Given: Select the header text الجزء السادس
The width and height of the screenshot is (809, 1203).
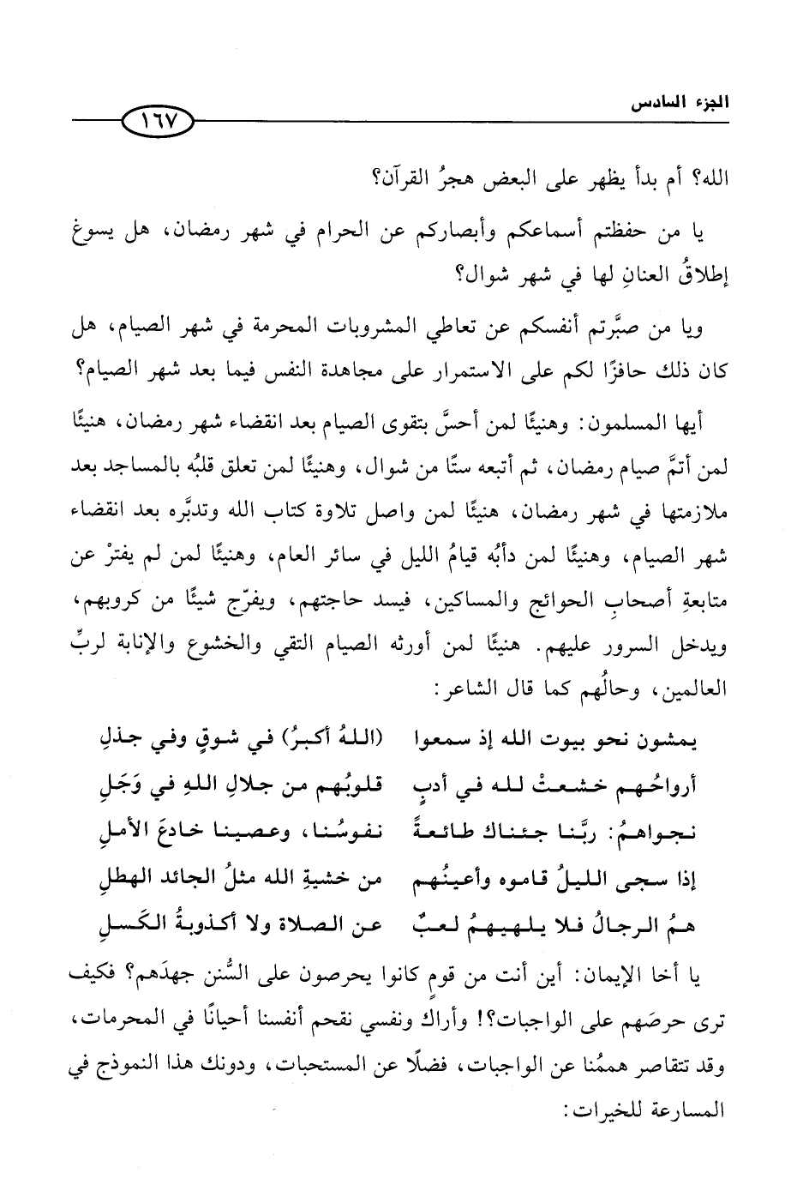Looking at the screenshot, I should (680, 106).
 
